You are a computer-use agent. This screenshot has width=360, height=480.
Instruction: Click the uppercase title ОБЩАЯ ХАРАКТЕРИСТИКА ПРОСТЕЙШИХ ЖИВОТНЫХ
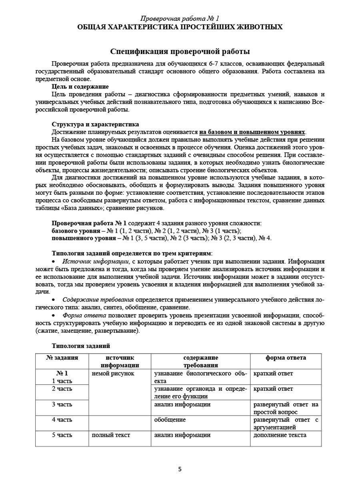tap(180, 27)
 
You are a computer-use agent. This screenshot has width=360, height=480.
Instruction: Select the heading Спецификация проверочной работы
tap(180, 52)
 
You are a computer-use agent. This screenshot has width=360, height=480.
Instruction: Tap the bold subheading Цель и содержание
tap(80, 86)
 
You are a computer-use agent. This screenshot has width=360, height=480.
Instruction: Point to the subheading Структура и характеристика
tap(95, 124)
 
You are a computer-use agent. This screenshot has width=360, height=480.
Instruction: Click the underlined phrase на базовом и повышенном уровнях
tap(253, 132)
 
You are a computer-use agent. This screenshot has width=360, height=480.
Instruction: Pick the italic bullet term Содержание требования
tap(98, 300)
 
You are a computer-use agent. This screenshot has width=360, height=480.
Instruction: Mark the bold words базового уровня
tap(76, 231)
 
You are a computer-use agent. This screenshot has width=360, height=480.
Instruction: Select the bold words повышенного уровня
tap(79, 238)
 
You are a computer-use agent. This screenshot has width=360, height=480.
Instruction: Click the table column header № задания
tap(62, 358)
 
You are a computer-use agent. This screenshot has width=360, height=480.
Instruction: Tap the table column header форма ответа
tap(286, 358)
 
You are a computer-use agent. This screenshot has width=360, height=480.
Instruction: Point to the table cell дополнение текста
tap(280, 435)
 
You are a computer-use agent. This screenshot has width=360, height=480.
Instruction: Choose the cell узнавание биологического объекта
tap(200, 377)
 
